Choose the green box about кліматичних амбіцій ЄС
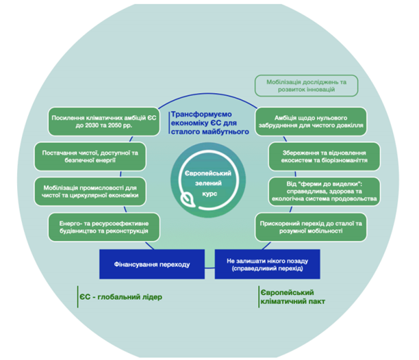[x=102, y=122]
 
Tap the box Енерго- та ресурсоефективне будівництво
[x=103, y=226]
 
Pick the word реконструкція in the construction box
[x=132, y=231]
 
